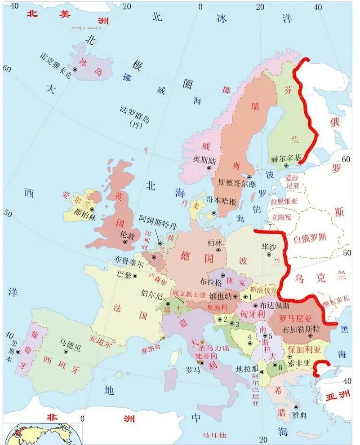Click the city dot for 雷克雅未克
[75, 70]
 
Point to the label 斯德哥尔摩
[236, 183]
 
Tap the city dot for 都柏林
[92, 209]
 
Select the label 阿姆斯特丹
[157, 220]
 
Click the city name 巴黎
[124, 273]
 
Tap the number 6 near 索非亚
[280, 366]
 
